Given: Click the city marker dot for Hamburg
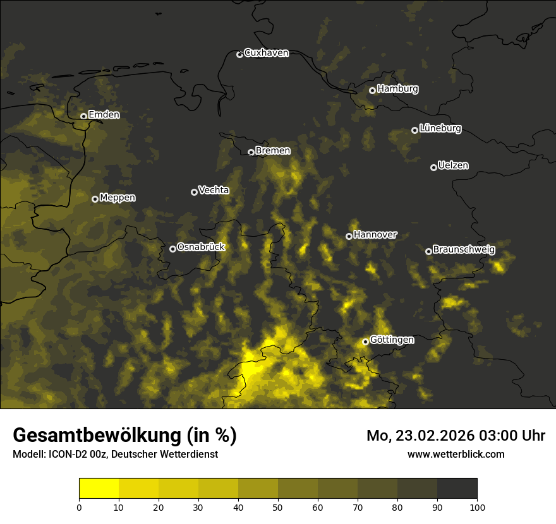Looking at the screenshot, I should (372, 90).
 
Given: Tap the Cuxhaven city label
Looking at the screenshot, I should (266, 53).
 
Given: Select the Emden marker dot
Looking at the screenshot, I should (83, 116).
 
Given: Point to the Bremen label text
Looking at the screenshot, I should (273, 151).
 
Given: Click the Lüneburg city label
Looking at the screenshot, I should (440, 129).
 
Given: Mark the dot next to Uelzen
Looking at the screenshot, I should (433, 167).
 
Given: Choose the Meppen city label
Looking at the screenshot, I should (118, 198).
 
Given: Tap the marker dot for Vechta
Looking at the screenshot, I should (194, 192).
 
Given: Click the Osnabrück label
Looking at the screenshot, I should (201, 247).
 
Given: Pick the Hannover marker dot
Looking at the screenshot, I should (349, 236).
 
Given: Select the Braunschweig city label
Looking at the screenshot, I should (464, 250).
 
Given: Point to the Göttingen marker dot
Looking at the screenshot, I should (365, 342).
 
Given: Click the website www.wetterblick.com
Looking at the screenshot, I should (456, 454).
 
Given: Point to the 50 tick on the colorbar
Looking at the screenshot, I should (278, 507).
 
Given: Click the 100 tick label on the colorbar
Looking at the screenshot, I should (477, 507).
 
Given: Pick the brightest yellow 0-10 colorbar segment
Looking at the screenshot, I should (99, 489).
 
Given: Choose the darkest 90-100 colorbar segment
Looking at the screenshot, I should (457, 489).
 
